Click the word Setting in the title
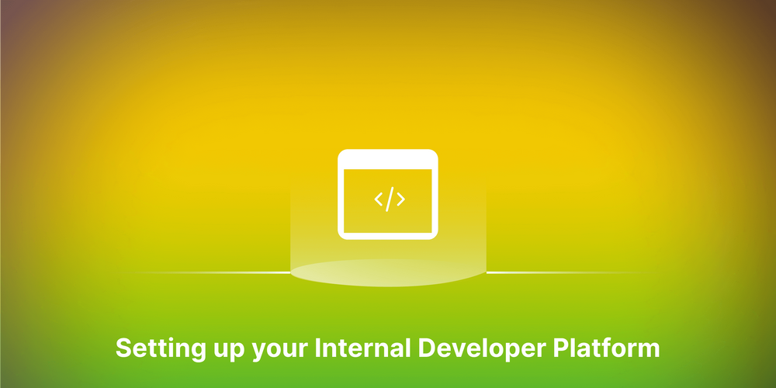click(x=151, y=348)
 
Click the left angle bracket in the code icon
click(x=379, y=199)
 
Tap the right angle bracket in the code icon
click(x=400, y=199)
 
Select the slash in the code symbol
click(x=390, y=199)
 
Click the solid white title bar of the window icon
click(x=388, y=159)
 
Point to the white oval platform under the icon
click(x=388, y=273)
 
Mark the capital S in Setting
click(x=123, y=347)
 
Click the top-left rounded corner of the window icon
click(x=341, y=154)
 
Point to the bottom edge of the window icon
click(x=388, y=235)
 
